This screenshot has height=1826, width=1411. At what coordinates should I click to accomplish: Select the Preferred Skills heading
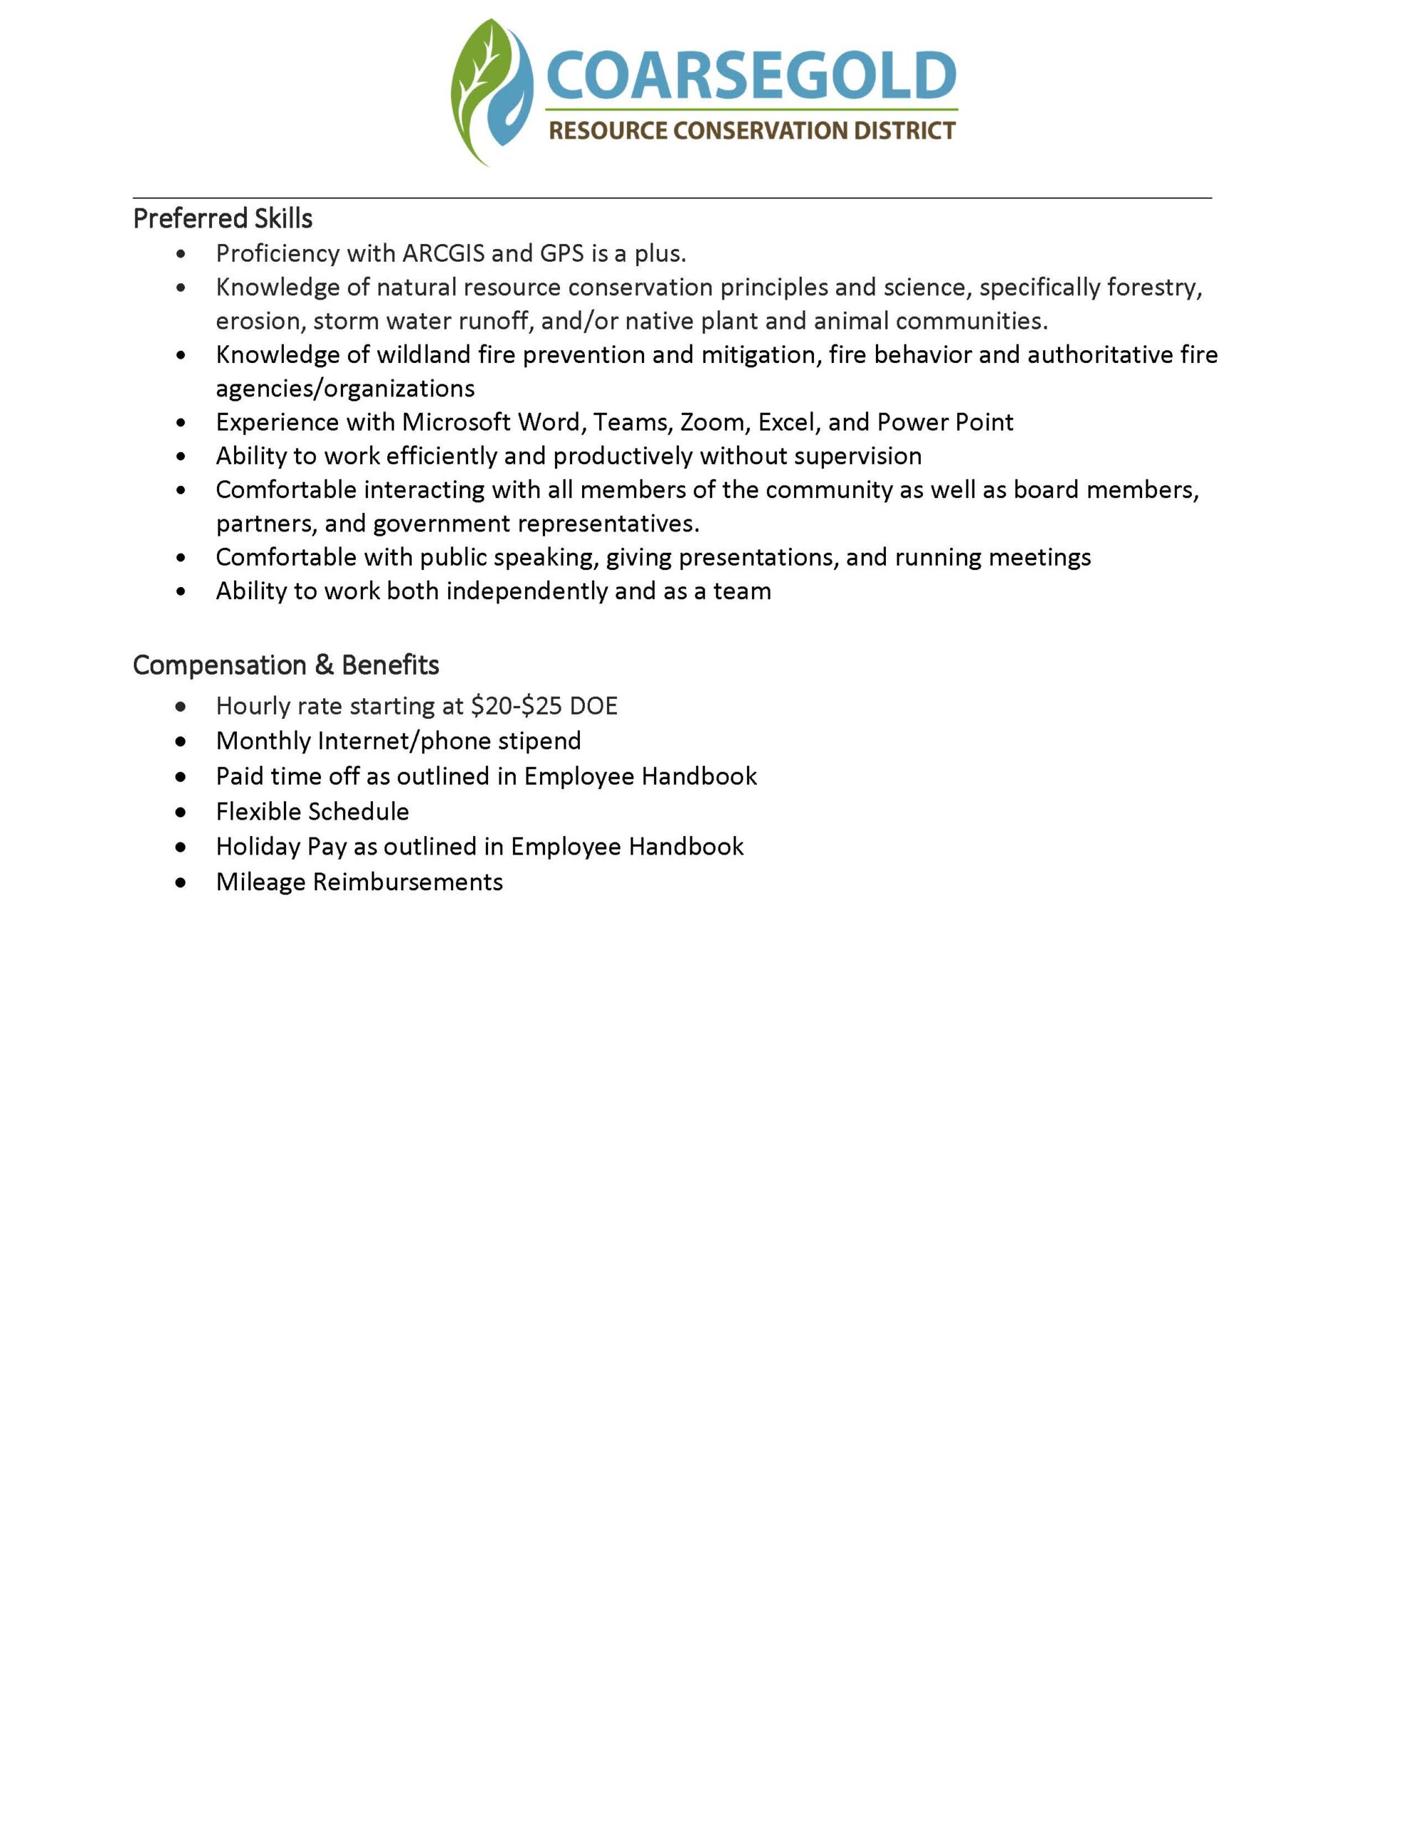[x=223, y=218]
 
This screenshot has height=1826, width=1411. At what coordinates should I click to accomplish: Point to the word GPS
[x=562, y=253]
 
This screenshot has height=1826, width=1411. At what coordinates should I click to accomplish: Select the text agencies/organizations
[x=345, y=388]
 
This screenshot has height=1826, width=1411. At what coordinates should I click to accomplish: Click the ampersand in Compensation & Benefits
[x=324, y=665]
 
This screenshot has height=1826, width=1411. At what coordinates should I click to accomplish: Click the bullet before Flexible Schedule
[x=180, y=812]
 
